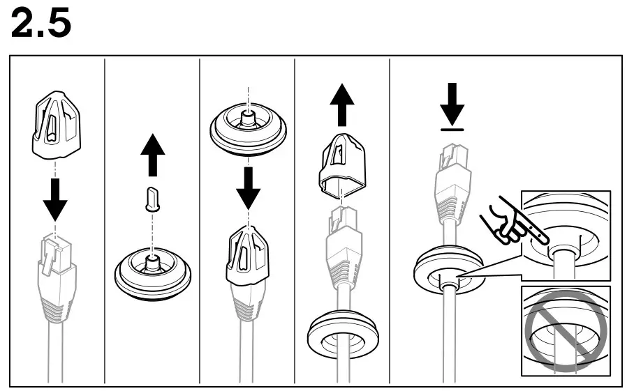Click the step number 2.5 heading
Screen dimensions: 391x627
pyautogui.click(x=41, y=24)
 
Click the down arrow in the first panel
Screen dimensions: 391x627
pyautogui.click(x=55, y=201)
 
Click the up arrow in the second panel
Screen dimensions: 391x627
pyautogui.click(x=152, y=155)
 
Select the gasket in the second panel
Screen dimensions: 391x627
pyautogui.click(x=152, y=275)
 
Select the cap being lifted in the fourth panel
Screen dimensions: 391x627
pyautogui.click(x=342, y=164)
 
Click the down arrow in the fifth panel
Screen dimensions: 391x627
pyautogui.click(x=453, y=102)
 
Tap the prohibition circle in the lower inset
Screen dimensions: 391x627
pyautogui.click(x=565, y=329)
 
